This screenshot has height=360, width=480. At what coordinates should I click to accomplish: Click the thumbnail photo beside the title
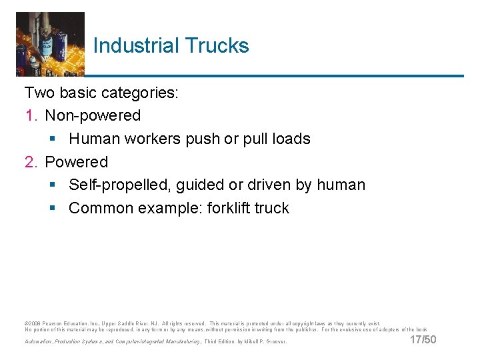pos(50,43)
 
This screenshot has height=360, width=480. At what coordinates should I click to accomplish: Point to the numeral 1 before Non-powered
pos(31,116)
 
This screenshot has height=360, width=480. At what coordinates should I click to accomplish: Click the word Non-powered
pos(93,116)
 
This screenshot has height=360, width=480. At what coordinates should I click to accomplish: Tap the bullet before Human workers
pos(51,139)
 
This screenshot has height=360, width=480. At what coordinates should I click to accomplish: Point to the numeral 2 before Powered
pos(31,162)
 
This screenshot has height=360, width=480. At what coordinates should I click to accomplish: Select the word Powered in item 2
pos(76,162)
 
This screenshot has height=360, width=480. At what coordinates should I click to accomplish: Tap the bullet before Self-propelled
pos(51,185)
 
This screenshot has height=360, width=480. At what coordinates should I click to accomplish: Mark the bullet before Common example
pos(51,209)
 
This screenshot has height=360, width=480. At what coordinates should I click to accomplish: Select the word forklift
pos(231,208)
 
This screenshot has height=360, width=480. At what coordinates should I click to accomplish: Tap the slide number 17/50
pos(423,341)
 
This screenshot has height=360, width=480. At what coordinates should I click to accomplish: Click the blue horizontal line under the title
pos(273,75)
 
